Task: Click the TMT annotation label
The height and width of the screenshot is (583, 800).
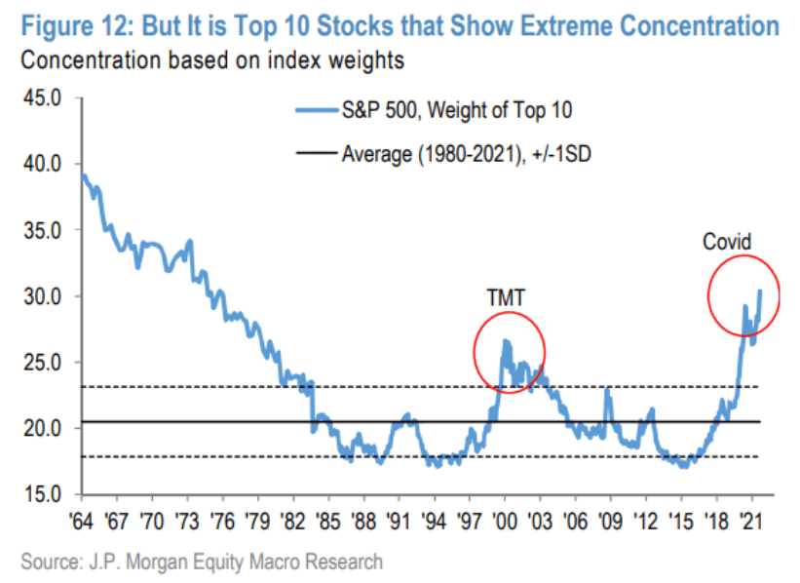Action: pyautogui.click(x=506, y=297)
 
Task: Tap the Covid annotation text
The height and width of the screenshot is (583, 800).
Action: pyautogui.click(x=729, y=241)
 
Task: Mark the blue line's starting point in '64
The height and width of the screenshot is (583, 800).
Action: pyautogui.click(x=83, y=175)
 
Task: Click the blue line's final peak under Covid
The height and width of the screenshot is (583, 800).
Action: pyautogui.click(x=760, y=291)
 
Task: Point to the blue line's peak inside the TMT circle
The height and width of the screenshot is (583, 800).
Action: pyautogui.click(x=506, y=340)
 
